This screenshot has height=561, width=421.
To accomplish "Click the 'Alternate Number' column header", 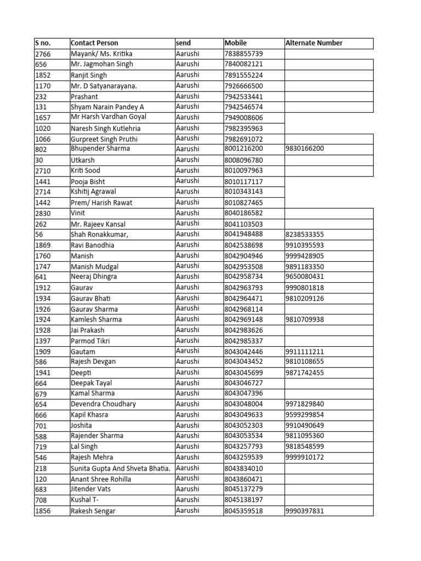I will click(x=314, y=43).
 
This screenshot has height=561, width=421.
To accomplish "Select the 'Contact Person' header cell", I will click(x=94, y=43).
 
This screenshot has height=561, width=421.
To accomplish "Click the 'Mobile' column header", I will click(x=236, y=43).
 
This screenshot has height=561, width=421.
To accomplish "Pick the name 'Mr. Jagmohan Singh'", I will click(x=101, y=64).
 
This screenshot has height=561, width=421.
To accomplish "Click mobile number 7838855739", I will click(x=244, y=54).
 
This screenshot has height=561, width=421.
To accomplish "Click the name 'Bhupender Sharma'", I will click(x=97, y=148).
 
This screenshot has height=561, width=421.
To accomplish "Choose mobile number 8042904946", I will click(x=244, y=255).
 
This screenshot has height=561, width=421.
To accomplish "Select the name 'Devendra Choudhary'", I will click(x=103, y=404).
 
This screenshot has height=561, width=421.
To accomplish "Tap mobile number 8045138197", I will click(x=244, y=500).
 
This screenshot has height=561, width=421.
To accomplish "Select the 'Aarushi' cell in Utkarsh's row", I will click(x=187, y=159).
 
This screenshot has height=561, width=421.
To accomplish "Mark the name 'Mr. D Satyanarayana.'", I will click(x=104, y=85).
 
